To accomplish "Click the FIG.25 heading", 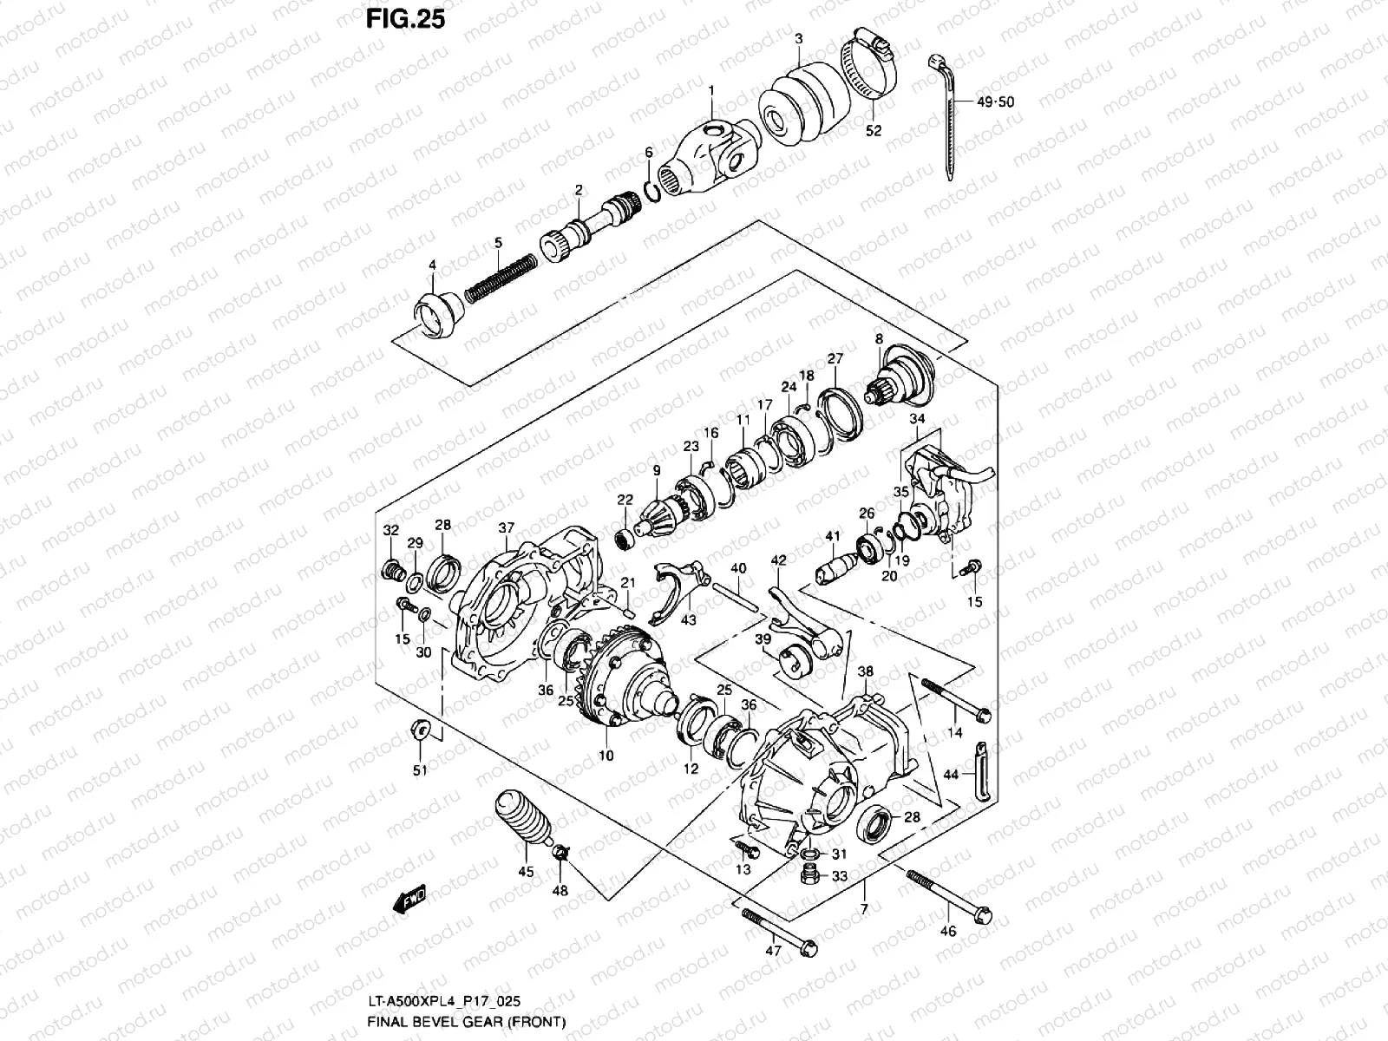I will coord(406,18).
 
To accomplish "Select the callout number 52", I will coord(874,130).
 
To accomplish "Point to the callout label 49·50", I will coord(995,101).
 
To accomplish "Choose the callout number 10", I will coord(606,756).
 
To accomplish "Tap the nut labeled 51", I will coord(420,730).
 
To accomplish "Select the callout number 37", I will coord(507,527).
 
